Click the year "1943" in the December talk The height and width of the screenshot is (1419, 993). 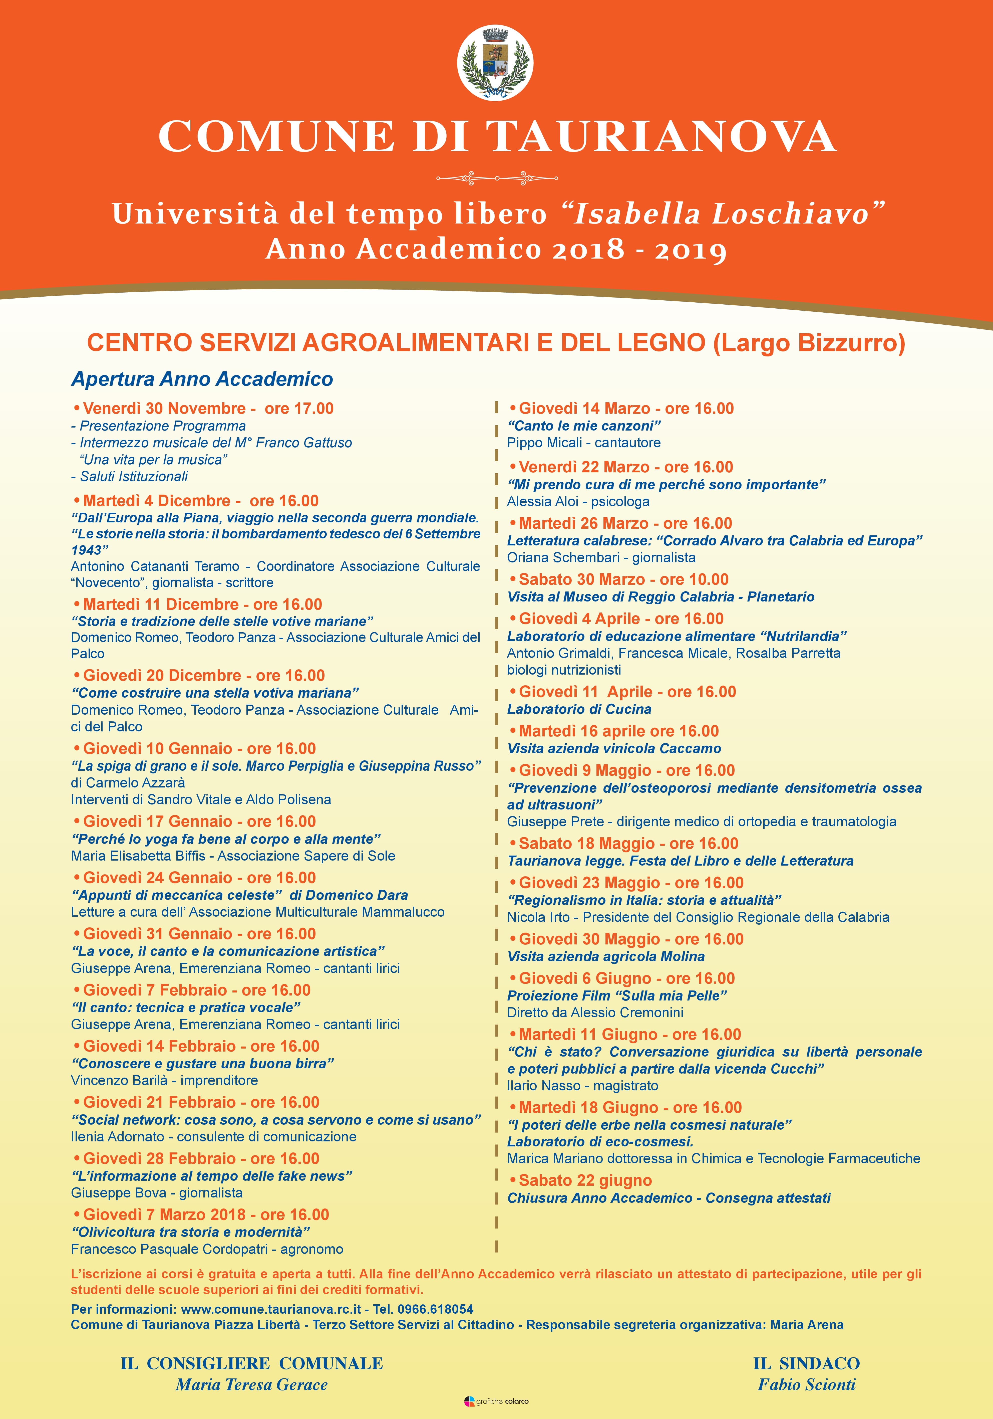[x=87, y=550]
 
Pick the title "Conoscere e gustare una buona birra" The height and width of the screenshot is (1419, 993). [x=203, y=1064]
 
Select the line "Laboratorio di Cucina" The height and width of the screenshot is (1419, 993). [x=579, y=709]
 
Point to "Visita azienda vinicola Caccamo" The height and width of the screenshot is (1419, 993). [x=614, y=748]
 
